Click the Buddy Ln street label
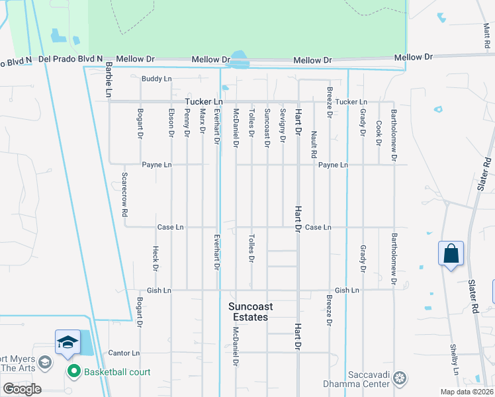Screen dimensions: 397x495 pos(156,79)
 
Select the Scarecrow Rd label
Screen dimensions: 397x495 pos(124,195)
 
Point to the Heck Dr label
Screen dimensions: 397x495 pos(156,259)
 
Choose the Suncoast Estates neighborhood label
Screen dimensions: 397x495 pos(248,312)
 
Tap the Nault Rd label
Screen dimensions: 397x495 pos(314,144)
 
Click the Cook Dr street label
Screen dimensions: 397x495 pos(379,132)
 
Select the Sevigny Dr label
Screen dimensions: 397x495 pos(283,126)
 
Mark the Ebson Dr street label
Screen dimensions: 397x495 pos(171,123)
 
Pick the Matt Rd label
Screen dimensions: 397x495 pos(487,36)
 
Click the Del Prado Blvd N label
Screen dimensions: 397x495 pos(71,59)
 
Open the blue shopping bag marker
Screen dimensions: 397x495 pos(451,254)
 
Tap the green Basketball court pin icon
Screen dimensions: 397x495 pos(73,372)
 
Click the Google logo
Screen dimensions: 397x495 pos(22,389)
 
